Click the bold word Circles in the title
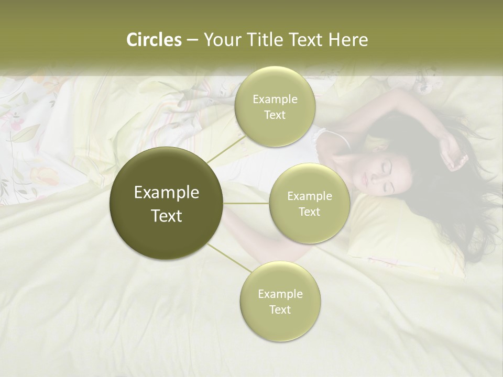pos(154,40)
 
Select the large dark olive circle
pos(167,203)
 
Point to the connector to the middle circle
pos(246,203)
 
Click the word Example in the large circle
pos(167,193)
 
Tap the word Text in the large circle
pos(167,216)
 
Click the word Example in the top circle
pos(275,99)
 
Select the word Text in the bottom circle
pos(280,309)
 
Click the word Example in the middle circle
pos(309,196)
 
